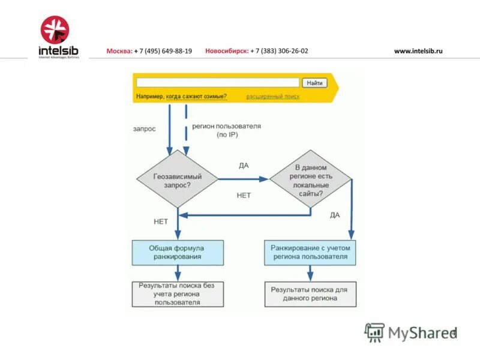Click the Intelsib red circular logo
pos(55,29)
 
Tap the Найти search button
pos(314,83)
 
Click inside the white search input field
pos(217,83)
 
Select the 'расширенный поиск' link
pos(272,97)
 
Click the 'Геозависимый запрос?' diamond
pos(178,179)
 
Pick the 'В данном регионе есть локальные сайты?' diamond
pos(310,179)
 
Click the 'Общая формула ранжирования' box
pos(178,253)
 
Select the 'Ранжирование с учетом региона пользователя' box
pos(310,253)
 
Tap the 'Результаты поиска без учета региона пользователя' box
pos(178,294)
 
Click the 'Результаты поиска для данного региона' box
pos(310,294)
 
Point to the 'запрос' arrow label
pos(144,128)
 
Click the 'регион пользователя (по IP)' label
pos(226,131)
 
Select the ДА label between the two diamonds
pos(244,166)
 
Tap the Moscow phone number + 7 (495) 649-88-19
pos(163,51)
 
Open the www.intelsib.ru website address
pos(418,51)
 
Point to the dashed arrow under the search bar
pos(186,129)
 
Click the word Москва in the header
pos(119,51)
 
